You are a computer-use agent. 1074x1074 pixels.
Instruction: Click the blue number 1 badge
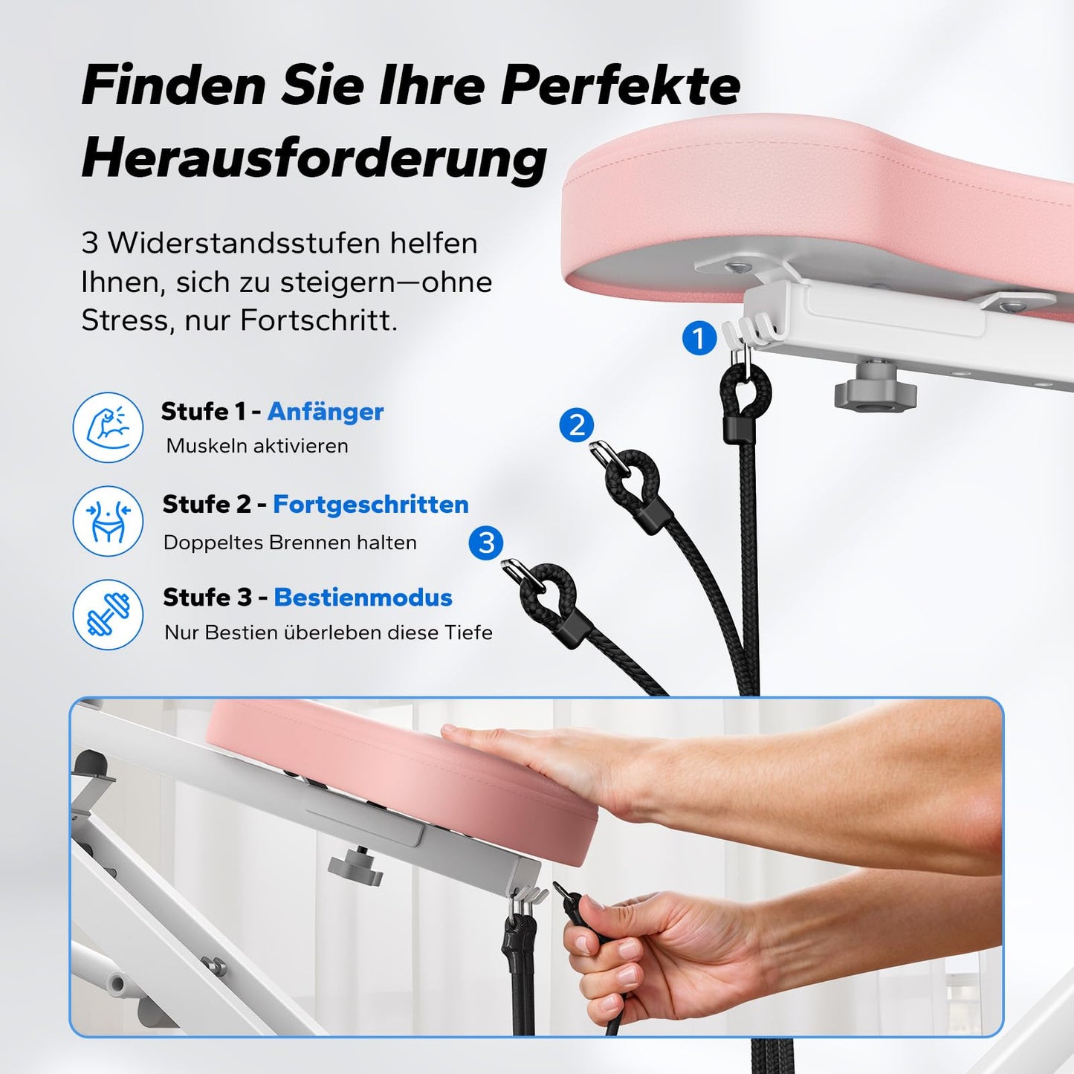click(x=699, y=339)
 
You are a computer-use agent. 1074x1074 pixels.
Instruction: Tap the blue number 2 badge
click(x=577, y=425)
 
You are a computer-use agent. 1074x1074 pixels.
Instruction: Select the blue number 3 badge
click(x=486, y=543)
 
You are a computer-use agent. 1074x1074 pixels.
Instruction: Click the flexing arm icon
click(x=109, y=427)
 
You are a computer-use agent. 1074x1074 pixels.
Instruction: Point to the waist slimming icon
click(x=109, y=521)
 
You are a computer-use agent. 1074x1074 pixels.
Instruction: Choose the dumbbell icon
click(x=109, y=615)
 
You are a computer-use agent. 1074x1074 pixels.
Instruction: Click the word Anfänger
click(x=326, y=412)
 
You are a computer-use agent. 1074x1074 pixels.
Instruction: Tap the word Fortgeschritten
click(x=370, y=505)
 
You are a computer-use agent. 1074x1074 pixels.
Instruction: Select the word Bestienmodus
click(x=363, y=598)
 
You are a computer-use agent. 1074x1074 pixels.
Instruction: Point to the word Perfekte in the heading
click(x=620, y=85)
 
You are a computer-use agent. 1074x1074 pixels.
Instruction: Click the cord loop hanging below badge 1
click(x=745, y=394)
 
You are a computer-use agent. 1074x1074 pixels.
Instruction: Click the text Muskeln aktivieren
click(x=257, y=446)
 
